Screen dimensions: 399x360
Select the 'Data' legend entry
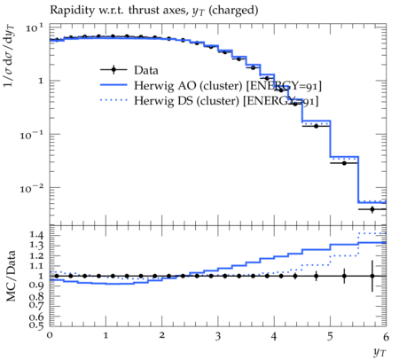tap(129, 70)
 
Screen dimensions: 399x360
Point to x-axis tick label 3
tap(218, 336)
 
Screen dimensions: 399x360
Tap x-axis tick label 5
tap(330, 336)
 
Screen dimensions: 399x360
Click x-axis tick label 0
tap(50, 335)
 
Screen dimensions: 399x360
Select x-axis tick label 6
tap(386, 336)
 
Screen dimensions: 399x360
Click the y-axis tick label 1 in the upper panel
tap(41, 81)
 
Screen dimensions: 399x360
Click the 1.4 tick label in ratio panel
tap(36, 236)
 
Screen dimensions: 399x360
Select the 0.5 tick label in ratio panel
tap(36, 325)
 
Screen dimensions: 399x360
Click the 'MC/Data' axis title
tap(11, 276)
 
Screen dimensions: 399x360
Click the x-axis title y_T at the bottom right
tap(379, 352)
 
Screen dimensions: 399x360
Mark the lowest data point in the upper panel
tap(372, 209)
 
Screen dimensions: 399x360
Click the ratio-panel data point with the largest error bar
tap(372, 276)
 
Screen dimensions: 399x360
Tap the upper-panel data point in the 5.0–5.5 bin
tap(344, 163)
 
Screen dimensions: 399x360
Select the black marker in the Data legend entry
tap(113, 70)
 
